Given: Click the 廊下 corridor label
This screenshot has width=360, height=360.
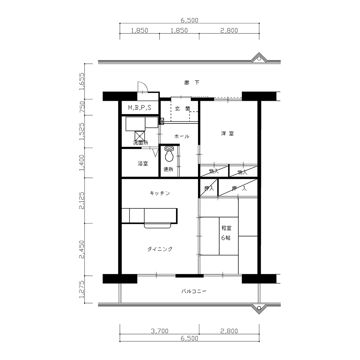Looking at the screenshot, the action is pyautogui.click(x=192, y=83).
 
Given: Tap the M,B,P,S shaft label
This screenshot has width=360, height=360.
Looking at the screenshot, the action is pyautogui.click(x=140, y=107).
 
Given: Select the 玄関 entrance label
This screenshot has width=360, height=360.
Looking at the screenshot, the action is pyautogui.click(x=183, y=109).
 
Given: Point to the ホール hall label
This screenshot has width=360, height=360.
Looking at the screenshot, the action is pyautogui.click(x=182, y=136).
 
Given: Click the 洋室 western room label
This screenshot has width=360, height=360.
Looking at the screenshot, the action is pyautogui.click(x=228, y=134).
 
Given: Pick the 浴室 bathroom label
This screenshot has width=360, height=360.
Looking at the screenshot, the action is pyautogui.click(x=143, y=163).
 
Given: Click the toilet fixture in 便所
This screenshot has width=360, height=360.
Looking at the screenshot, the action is pyautogui.click(x=169, y=154).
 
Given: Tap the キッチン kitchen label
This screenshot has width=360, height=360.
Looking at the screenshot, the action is pyautogui.click(x=159, y=193).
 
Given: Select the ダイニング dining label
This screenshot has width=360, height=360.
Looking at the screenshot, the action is pyautogui.click(x=160, y=249).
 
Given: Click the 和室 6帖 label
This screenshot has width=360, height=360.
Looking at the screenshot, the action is pyautogui.click(x=226, y=233).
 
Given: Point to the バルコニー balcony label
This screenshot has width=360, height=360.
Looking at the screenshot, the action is pyautogui.click(x=194, y=292).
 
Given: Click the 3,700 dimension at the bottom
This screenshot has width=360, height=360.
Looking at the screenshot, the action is pyautogui.click(x=159, y=331).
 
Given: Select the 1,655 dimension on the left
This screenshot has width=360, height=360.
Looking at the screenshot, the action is pyautogui.click(x=81, y=81).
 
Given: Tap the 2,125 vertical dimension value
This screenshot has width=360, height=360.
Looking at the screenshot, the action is pyautogui.click(x=81, y=201).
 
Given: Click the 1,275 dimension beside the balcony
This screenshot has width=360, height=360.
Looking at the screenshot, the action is pyautogui.click(x=81, y=289).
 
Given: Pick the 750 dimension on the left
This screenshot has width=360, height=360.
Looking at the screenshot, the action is pyautogui.click(x=81, y=107).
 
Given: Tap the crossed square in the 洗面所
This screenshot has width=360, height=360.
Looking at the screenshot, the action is pyautogui.click(x=140, y=136).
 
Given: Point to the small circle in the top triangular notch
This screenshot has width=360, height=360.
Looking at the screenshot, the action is pyautogui.click(x=259, y=59).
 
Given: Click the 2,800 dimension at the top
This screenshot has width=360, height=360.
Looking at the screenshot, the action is pyautogui.click(x=229, y=30).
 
